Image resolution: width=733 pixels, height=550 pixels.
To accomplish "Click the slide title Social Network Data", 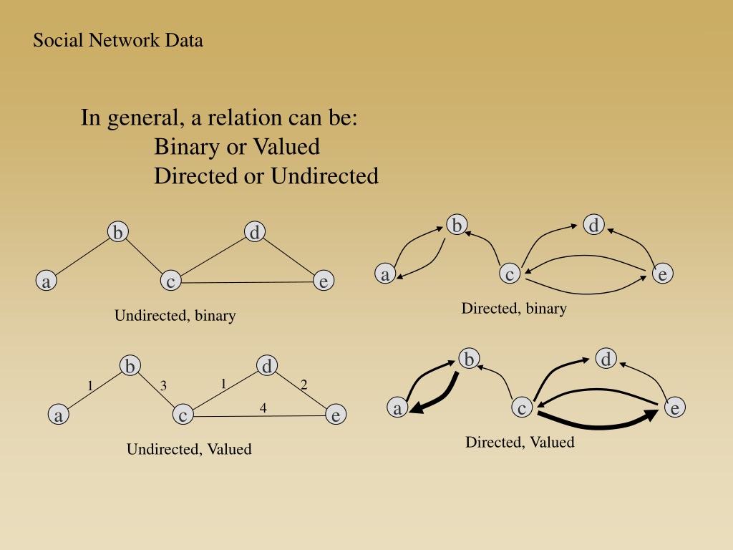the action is (x=118, y=40).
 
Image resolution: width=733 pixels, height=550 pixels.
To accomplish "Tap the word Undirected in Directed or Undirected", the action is (x=324, y=176).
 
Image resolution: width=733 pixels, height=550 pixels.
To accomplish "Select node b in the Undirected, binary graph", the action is (x=118, y=232).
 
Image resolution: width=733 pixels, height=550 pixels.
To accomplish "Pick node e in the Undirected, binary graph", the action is (x=324, y=281).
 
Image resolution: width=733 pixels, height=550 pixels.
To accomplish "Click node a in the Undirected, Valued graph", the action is (x=59, y=415).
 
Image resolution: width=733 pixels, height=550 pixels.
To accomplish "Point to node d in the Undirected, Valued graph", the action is (x=267, y=366).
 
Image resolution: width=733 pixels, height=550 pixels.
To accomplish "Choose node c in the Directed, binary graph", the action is (x=510, y=274).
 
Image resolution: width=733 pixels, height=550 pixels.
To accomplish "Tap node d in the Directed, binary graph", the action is (x=593, y=225).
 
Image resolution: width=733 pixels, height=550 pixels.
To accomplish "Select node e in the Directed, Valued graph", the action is (x=674, y=407).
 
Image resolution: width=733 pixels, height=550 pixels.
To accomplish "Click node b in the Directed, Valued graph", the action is (x=469, y=359).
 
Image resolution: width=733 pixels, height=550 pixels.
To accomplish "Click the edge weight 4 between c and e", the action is (x=263, y=407).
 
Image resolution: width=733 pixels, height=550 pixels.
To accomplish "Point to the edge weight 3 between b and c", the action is (x=163, y=386).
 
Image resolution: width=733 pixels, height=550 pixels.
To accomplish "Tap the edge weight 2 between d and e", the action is (x=304, y=385).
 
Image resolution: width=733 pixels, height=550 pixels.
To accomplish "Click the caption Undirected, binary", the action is (x=175, y=316).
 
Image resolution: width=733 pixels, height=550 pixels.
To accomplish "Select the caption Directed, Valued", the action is (x=520, y=442).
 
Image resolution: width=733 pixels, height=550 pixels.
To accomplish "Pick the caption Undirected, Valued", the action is (x=189, y=449).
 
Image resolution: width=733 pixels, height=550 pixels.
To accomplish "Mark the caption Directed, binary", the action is (x=514, y=309).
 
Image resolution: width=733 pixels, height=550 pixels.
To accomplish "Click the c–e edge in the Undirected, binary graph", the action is (x=247, y=282).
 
